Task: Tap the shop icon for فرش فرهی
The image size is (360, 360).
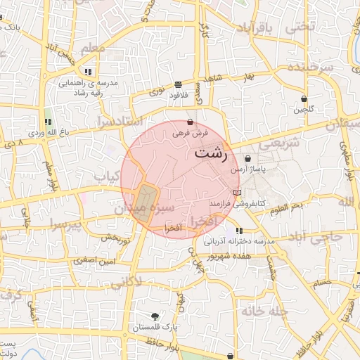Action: coord(191,122)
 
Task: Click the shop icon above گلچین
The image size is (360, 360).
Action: coord(304,99)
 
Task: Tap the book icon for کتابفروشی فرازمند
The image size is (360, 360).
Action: coord(237,193)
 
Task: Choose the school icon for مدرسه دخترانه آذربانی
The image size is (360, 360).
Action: coord(240,231)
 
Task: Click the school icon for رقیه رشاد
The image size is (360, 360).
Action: coord(88,72)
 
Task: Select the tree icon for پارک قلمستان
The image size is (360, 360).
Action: coord(155,316)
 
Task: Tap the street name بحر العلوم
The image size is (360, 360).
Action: coord(285,205)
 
